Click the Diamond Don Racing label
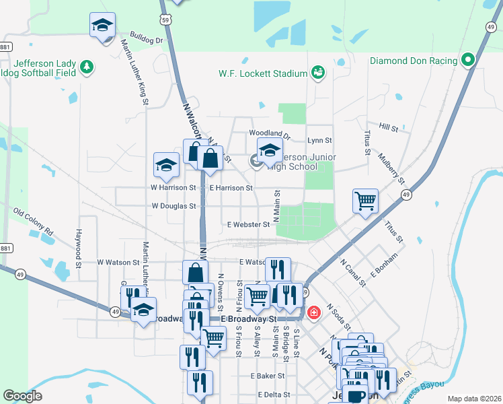pos(414,61)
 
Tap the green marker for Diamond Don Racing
pos(468,61)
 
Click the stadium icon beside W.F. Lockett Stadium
pos(317,72)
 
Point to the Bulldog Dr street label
pos(147,40)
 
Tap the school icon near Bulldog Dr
pos(102,26)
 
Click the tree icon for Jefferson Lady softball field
pos(86,67)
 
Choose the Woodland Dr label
pos(269,134)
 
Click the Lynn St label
pos(319,141)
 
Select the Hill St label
pos(388,127)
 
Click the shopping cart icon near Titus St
pos(364,199)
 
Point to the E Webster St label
pos(248,224)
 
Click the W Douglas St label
pos(173,206)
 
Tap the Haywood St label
pos(79,246)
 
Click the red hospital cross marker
pos(313,313)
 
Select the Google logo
pos(22,396)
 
